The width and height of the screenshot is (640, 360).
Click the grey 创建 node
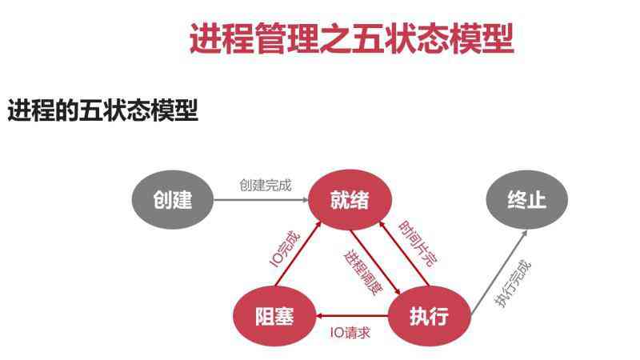[173, 199]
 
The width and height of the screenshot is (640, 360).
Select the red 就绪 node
[350, 199]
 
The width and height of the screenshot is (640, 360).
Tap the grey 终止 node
[527, 199]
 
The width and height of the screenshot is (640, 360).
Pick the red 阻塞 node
[274, 316]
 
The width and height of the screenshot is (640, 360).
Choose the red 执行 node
[430, 316]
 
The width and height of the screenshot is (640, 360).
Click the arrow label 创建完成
[266, 186]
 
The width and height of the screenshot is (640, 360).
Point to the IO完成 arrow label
[285, 250]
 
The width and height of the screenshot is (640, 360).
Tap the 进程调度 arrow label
[363, 272]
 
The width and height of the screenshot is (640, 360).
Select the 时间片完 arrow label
[418, 244]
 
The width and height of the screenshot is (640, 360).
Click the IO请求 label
[350, 333]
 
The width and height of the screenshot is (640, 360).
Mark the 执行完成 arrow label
[513, 284]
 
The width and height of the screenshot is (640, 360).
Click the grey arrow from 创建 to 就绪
[262, 199]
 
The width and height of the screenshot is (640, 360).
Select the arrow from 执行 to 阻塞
[352, 315]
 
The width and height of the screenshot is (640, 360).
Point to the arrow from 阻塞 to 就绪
[298, 254]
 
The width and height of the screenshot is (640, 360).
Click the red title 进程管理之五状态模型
[351, 38]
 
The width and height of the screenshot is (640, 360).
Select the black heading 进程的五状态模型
[103, 110]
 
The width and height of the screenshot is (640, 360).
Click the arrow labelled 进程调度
[375, 262]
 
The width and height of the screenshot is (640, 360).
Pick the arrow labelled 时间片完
[404, 254]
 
